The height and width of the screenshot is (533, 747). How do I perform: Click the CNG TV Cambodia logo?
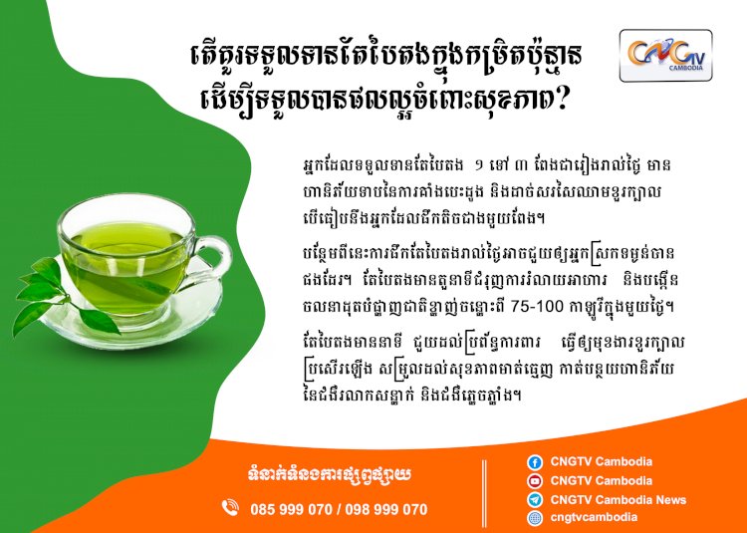(x=665, y=56)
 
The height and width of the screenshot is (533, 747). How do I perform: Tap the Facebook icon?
(x=535, y=462)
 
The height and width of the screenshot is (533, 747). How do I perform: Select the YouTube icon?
(x=535, y=481)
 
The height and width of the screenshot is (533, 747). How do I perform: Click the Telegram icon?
(x=535, y=500)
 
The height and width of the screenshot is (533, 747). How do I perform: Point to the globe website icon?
(x=535, y=518)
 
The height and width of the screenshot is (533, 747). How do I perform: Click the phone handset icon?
(x=230, y=508)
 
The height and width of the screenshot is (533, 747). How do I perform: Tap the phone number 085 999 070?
(x=291, y=510)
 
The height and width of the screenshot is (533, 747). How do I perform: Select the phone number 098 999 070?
(x=386, y=510)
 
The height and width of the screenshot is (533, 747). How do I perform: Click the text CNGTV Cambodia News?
(x=619, y=500)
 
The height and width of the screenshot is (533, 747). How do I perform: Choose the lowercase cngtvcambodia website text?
(x=594, y=517)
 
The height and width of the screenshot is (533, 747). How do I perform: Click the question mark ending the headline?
(x=560, y=101)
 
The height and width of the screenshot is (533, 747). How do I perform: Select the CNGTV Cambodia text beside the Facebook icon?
(x=602, y=461)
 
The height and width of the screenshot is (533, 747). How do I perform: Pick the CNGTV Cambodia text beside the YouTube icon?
(x=602, y=480)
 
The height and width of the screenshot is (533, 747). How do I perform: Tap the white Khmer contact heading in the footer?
(x=330, y=475)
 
